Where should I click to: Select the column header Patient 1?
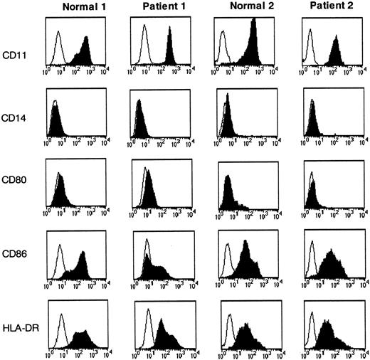157,8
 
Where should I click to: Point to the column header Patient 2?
330,8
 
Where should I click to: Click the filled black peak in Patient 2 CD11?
335,53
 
